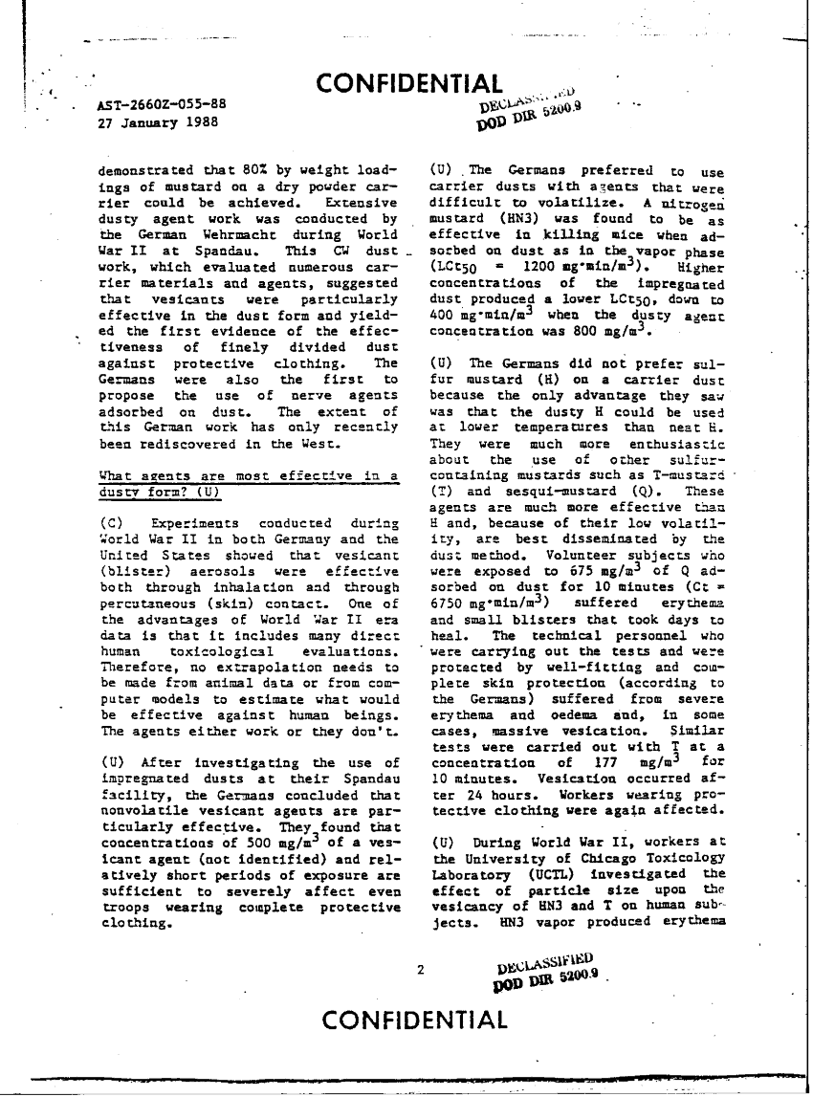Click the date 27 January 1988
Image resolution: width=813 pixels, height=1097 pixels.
[158, 122]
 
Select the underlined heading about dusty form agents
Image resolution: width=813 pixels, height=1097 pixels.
[249, 485]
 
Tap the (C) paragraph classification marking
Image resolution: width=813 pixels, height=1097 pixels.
[110, 524]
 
